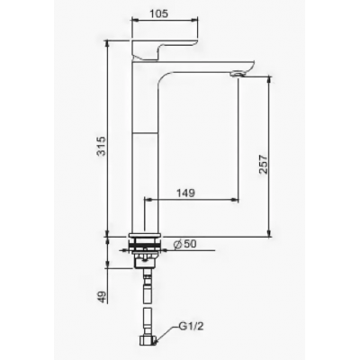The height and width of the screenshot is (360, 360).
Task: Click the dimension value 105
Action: pyautogui.click(x=158, y=13)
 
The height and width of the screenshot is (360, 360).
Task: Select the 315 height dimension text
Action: pyautogui.click(x=103, y=146)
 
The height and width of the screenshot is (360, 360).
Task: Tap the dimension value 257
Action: pyautogui.click(x=264, y=164)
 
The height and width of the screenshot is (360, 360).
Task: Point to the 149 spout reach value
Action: pyautogui.click(x=185, y=193)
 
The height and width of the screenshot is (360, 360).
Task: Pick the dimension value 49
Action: pyautogui.click(x=103, y=297)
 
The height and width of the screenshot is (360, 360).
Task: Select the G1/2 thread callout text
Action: pyautogui.click(x=192, y=327)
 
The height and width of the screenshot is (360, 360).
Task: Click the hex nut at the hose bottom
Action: pyautogui.click(x=148, y=340)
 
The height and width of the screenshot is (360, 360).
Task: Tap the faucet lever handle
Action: pyautogui.click(x=166, y=49)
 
